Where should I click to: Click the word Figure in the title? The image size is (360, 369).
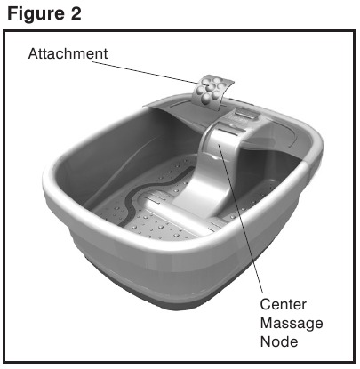point(36,14)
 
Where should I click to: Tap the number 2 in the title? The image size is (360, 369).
point(76,13)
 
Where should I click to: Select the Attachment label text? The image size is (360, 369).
point(68,53)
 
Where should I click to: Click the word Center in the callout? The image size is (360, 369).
point(283,304)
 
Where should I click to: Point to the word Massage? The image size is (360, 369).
point(292,324)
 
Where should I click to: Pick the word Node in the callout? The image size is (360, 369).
point(279,341)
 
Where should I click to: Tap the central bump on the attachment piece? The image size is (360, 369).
point(212,86)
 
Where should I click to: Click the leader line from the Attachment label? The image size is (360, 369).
point(148,73)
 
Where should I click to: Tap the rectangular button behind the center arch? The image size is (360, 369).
point(245,114)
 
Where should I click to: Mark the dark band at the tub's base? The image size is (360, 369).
point(178,300)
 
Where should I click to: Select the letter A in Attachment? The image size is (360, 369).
point(33,53)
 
